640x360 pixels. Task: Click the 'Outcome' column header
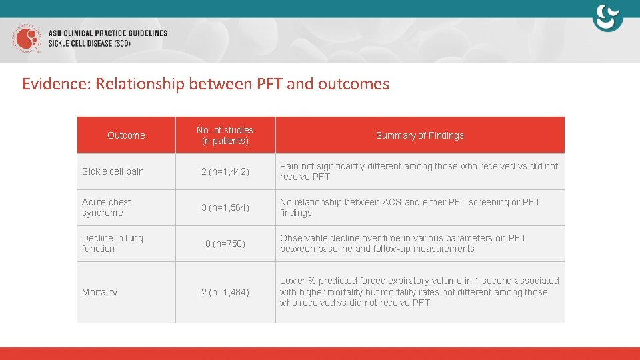coord(126,135)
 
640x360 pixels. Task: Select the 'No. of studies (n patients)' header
coord(225,135)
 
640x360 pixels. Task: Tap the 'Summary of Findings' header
coord(419,135)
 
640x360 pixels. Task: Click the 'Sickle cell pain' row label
coord(113,171)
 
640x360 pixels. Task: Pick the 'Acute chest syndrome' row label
coord(107,207)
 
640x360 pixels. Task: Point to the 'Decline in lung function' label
coord(112,243)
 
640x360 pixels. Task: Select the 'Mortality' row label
coord(99,292)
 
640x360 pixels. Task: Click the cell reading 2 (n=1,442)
coord(225,171)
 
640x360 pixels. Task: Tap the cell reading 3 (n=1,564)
coord(225,207)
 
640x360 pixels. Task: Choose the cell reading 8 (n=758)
coord(225,243)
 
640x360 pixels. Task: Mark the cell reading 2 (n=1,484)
coord(225,292)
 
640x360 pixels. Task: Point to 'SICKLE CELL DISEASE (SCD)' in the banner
coord(89,43)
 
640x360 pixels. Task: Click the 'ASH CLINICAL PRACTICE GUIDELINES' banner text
coord(108,33)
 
